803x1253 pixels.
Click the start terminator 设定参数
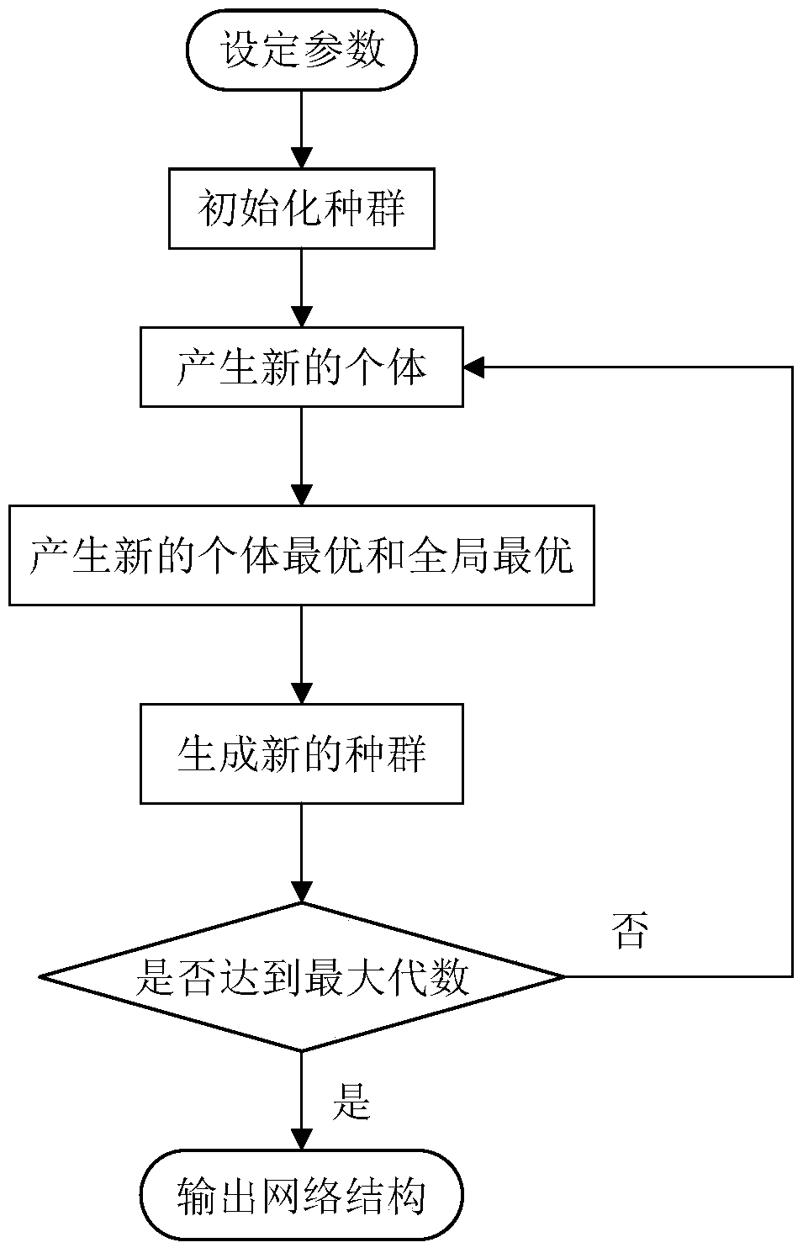click(x=302, y=50)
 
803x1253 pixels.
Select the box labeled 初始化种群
click(x=302, y=208)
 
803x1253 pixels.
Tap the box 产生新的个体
click(x=302, y=367)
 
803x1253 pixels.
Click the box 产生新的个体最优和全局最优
click(x=302, y=555)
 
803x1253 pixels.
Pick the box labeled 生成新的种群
click(x=302, y=753)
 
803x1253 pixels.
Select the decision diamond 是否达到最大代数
click(x=302, y=977)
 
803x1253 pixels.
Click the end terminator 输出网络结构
click(x=302, y=1195)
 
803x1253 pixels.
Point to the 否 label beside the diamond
click(x=631, y=931)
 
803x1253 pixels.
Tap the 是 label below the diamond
click(x=351, y=1101)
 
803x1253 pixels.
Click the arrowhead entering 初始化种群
click(x=302, y=159)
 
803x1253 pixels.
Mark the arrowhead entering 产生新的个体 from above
click(x=302, y=317)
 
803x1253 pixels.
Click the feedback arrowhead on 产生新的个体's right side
click(x=473, y=367)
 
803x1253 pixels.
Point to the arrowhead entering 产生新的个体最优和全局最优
click(x=302, y=495)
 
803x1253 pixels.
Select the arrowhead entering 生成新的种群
click(x=302, y=694)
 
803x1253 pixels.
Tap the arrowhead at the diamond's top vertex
click(x=302, y=893)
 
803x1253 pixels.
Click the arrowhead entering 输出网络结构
click(x=302, y=1139)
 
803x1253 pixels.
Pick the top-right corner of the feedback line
click(x=792, y=367)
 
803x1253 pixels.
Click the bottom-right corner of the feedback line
click(x=792, y=977)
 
